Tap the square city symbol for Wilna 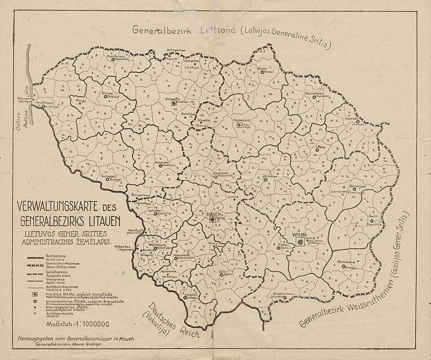[299, 242]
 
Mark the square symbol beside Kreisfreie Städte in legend [35, 294]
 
